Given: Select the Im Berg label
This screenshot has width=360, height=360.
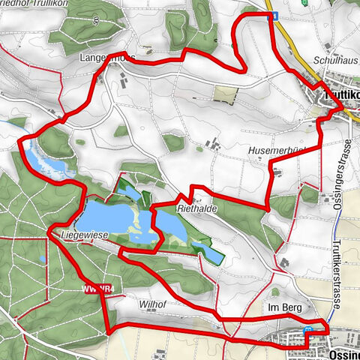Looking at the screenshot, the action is [x=283, y=308].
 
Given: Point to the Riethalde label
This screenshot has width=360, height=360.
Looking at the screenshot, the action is [x=196, y=210].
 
